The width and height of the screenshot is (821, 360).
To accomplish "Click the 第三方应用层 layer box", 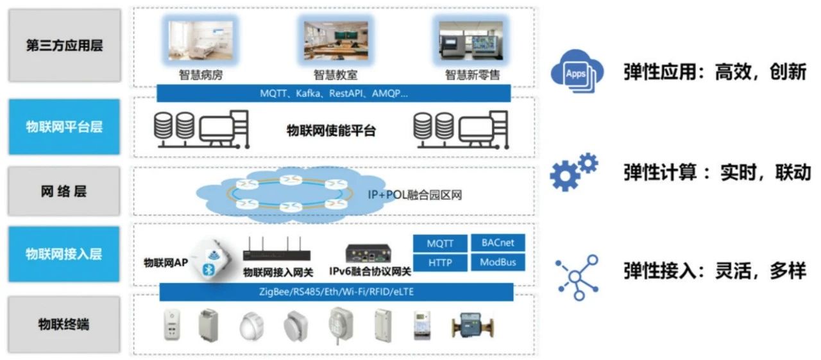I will (x=64, y=46).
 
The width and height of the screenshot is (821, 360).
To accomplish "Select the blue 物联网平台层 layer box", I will (x=64, y=126).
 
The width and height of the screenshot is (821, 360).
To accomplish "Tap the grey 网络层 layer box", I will (x=64, y=191).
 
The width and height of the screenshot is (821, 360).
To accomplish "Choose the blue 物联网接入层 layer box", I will (x=64, y=254).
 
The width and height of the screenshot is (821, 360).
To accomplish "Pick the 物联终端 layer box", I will (x=64, y=324).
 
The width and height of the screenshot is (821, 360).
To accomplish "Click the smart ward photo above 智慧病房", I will (x=201, y=40).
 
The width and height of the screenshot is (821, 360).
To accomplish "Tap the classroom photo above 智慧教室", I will (x=335, y=40).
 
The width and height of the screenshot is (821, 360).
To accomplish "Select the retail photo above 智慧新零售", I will (x=472, y=40).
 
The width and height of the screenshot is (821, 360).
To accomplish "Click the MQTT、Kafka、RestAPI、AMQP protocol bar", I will (x=334, y=93).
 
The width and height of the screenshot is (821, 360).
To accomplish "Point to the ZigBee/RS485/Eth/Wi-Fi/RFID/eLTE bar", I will (x=336, y=292).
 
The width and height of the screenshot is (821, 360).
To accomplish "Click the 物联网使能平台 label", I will (x=331, y=132).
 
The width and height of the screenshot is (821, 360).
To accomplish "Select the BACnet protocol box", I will (x=498, y=243).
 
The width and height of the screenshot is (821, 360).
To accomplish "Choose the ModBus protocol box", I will (x=498, y=262).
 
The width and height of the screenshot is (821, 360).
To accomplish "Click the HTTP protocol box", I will (x=440, y=262).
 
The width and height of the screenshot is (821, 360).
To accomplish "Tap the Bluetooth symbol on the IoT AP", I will (x=208, y=269).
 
